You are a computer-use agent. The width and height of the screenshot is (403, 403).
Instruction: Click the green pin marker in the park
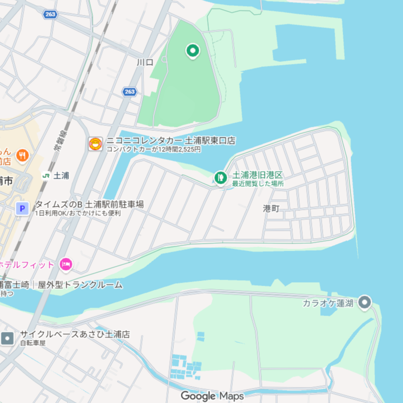pos(193,50)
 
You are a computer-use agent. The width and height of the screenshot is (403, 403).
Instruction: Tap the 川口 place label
pos(144,62)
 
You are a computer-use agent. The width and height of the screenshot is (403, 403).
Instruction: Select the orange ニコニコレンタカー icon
pos(95,144)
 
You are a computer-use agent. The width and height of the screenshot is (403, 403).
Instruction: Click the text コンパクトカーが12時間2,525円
pos(153,149)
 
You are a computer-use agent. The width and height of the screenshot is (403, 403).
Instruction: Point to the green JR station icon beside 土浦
pos(46,176)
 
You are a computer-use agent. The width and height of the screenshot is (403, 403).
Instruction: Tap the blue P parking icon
pos(22,208)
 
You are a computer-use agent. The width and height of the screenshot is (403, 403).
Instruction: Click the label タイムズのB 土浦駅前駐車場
pos(89,204)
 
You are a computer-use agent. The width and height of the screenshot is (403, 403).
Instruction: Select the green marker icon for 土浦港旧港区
pos(220,176)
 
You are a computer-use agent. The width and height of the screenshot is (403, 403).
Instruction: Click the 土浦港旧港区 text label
pos(257,175)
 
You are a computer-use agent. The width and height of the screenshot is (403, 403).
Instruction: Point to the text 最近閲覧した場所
pos(258,183)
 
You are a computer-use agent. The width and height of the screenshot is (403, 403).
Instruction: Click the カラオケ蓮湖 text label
pos(328,303)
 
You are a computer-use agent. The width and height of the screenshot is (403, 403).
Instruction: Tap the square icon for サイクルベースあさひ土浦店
pos(7,339)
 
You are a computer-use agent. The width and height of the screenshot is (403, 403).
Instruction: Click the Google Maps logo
pos(212,396)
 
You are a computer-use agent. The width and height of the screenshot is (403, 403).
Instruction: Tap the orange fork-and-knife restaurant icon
pos(22,155)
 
